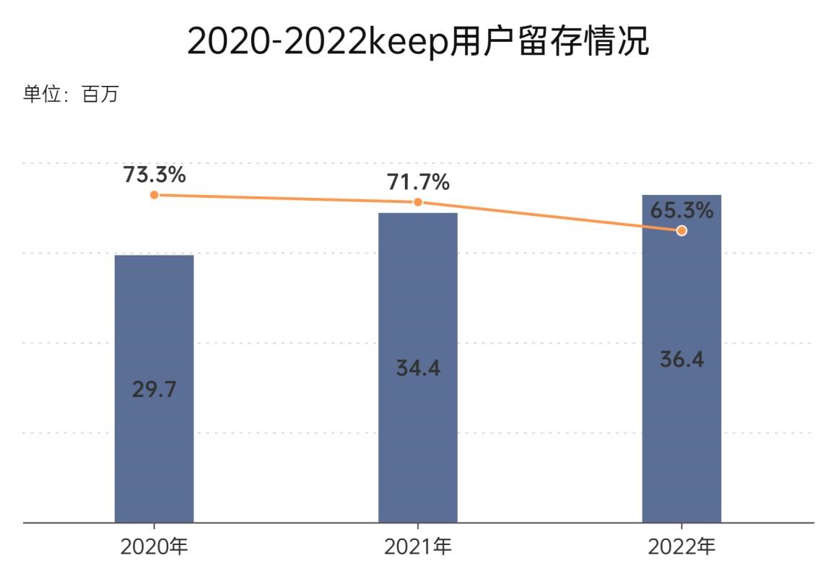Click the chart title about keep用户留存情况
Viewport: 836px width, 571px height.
418,41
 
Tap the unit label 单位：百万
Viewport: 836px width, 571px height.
70,95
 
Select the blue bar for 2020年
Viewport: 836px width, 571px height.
154,433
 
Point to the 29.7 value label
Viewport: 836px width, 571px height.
154,389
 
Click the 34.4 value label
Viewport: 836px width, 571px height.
417,368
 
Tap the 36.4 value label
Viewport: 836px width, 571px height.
682,359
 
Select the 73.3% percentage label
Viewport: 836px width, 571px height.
154,175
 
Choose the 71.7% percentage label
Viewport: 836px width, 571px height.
418,183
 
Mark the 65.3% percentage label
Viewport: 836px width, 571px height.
682,211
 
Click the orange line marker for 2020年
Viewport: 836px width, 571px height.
154,195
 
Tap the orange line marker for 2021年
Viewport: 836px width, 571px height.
417,202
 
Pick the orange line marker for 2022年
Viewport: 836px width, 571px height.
682,231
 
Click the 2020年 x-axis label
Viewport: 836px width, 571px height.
154,546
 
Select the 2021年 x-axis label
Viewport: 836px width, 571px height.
417,546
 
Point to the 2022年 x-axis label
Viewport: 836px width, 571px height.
682,546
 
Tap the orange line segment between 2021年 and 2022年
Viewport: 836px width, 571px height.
549,217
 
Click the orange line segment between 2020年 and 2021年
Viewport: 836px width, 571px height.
285,199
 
